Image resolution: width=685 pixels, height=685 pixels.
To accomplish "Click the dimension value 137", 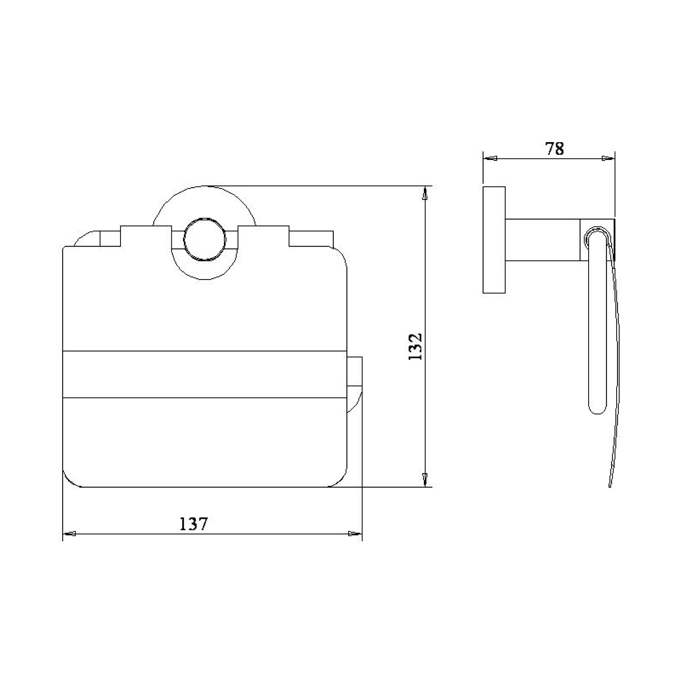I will pyautogui.click(x=193, y=524).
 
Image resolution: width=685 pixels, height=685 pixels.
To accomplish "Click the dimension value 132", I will pyautogui.click(x=415, y=347).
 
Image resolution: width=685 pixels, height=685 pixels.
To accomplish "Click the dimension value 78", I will pyautogui.click(x=554, y=149).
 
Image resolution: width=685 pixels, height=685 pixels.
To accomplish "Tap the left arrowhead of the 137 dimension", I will pyautogui.click(x=69, y=534).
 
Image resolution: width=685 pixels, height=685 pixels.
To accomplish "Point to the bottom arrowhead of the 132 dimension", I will pyautogui.click(x=425, y=479).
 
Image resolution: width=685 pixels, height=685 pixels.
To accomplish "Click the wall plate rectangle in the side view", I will pyautogui.click(x=494, y=240).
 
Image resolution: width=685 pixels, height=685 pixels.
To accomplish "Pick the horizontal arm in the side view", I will pyautogui.click(x=542, y=240).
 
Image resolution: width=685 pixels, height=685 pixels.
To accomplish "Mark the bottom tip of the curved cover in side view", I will pyautogui.click(x=609, y=485).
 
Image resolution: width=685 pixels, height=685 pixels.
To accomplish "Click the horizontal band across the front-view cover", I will pyautogui.click(x=205, y=374).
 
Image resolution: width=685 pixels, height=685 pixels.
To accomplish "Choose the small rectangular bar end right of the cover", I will pyautogui.click(x=354, y=371).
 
